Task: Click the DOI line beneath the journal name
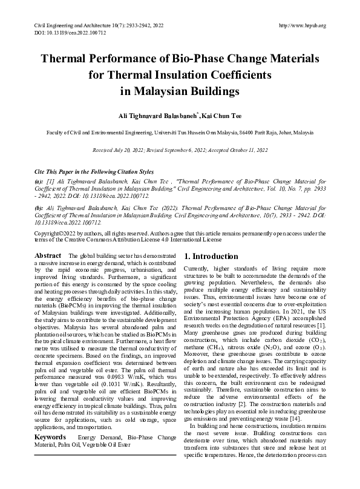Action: coord(64,32)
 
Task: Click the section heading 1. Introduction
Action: coord(215,257)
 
